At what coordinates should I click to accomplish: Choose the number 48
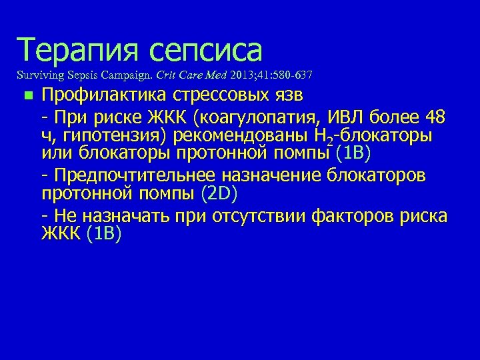[x=434, y=119]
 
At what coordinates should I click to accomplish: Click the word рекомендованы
[x=243, y=137]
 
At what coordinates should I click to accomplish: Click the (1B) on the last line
[x=104, y=235]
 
